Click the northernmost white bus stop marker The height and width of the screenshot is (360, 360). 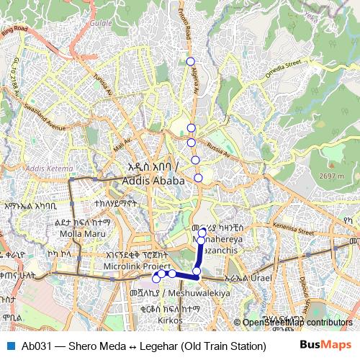coord(190,60)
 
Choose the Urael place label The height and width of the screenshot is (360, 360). coord(258,278)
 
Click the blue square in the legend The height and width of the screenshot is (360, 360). coord(9,344)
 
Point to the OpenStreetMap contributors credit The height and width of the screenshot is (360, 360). coord(297,323)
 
